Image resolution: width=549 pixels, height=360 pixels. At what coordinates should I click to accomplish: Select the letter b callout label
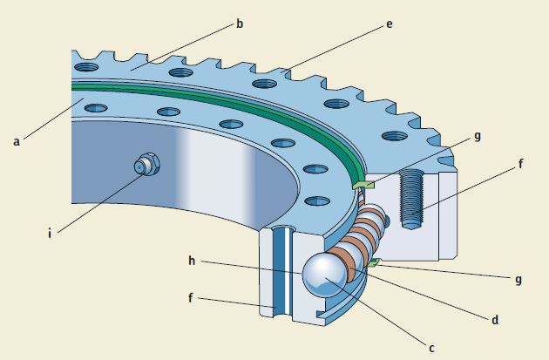pos(240,24)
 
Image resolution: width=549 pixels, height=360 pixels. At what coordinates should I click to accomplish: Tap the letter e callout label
pos(389,24)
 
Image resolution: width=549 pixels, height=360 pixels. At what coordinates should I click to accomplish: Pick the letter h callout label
pos(191,260)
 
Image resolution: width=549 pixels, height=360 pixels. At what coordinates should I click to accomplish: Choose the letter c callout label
pos(430,348)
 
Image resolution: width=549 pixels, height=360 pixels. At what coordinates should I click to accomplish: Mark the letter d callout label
pos(495,320)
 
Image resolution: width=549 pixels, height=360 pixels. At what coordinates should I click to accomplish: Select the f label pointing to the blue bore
pos(191,298)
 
